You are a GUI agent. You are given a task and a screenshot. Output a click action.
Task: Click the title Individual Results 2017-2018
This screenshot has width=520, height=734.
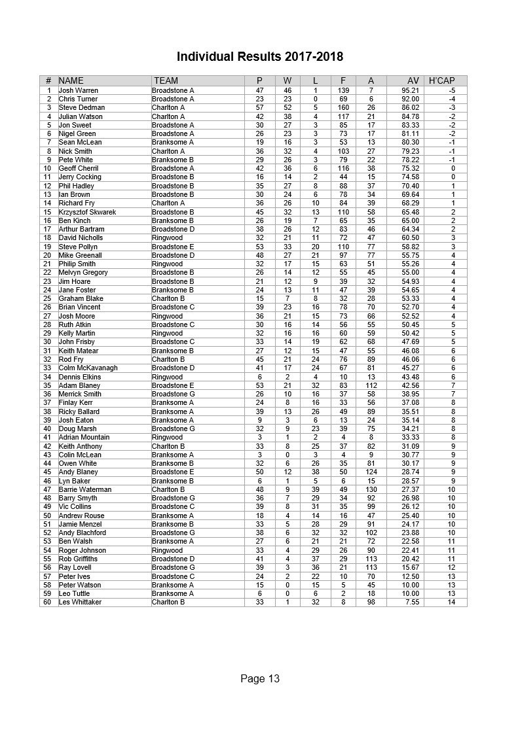coord(259,56)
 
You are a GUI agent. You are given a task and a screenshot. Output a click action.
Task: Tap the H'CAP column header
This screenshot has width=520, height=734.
coord(441,80)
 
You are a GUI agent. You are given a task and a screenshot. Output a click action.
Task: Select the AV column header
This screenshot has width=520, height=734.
coord(413,80)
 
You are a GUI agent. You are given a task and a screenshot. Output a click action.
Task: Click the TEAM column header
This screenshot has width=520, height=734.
coord(166,80)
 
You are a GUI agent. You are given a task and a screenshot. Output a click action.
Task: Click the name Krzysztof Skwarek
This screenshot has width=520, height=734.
coord(87,212)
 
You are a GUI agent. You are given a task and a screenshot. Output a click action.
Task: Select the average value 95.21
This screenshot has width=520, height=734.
coord(411,90)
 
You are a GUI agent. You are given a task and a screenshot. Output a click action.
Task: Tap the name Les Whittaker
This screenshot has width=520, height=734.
coord(80,602)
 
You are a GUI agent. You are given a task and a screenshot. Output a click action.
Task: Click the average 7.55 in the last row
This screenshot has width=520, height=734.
coord(413,602)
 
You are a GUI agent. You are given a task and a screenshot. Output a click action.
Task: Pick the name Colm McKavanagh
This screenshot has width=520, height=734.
coord(88,368)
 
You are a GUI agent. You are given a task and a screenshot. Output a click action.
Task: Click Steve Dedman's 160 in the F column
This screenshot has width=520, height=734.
coord(343,107)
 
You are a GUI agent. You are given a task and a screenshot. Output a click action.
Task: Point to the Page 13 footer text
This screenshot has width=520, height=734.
coord(260,678)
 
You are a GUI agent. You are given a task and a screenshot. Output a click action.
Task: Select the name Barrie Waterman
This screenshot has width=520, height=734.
coord(85,489)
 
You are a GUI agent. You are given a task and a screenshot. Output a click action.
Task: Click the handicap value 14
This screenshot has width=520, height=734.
coord(451,602)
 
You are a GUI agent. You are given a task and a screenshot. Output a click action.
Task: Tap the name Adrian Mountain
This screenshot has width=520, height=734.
coord(84,437)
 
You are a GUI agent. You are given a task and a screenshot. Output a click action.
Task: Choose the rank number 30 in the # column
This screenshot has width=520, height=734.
coord(48,341)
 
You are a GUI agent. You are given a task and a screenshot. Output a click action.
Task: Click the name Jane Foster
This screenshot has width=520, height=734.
coord(77,290)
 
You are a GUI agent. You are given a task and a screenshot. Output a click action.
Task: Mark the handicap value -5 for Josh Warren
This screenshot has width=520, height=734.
coord(452,90)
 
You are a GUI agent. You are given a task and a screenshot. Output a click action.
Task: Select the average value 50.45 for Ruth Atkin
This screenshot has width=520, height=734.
coord(411,324)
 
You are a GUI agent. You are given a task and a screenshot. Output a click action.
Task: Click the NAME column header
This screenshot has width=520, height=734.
coord(71,80)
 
